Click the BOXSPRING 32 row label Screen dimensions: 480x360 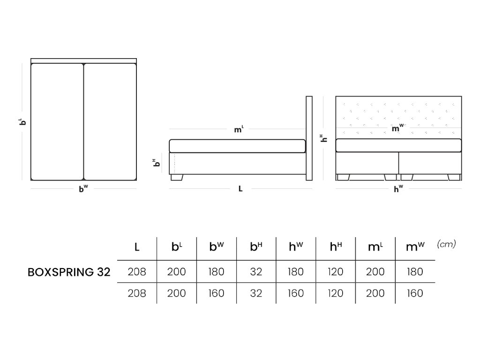click(69, 272)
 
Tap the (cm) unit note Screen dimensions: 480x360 click(446, 244)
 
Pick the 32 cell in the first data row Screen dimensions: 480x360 click(256, 272)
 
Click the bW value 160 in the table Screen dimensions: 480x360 click(216, 293)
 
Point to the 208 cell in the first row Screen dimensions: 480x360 click(137, 272)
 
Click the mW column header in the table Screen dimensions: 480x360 click(413, 247)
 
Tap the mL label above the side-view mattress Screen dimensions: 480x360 click(239, 129)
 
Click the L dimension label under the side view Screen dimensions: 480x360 click(240, 189)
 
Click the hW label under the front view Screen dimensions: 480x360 click(398, 189)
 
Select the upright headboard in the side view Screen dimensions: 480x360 click(309, 138)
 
